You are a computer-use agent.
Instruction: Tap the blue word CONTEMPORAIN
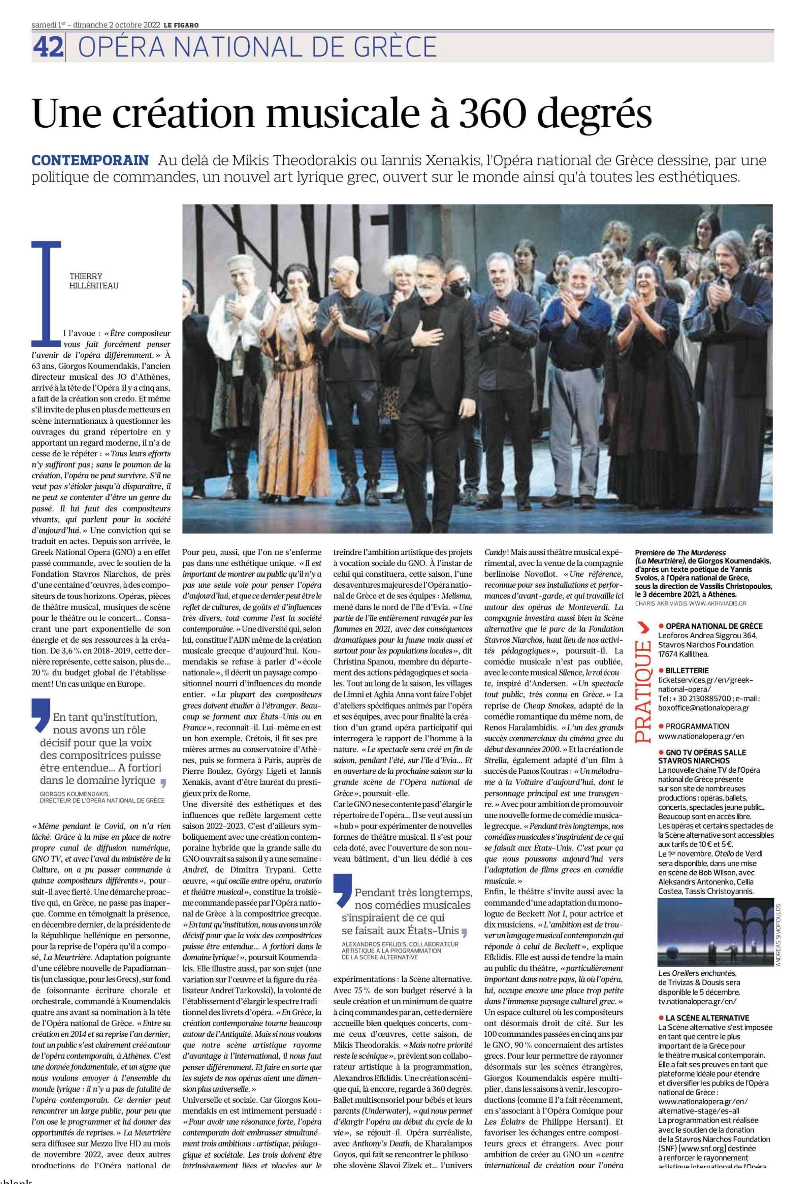(90, 160)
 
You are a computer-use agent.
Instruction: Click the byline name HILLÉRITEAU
(94, 286)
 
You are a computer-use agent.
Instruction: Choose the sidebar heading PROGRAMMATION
(697, 726)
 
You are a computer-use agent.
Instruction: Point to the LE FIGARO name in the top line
(182, 25)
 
